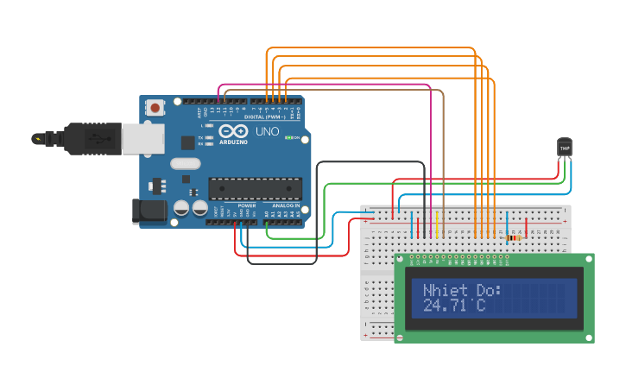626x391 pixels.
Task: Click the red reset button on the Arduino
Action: tap(155, 108)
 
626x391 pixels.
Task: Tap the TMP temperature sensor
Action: tap(565, 148)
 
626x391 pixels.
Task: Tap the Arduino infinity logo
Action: tap(233, 130)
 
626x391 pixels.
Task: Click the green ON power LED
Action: tap(289, 138)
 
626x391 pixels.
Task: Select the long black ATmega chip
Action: tap(256, 187)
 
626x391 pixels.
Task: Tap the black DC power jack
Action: tap(149, 211)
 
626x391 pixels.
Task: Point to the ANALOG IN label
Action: tap(286, 205)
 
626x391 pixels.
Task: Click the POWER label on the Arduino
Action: tap(246, 205)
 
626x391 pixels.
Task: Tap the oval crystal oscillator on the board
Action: tap(185, 163)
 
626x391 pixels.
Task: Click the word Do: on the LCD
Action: tap(488, 291)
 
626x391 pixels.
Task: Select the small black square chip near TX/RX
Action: tap(187, 143)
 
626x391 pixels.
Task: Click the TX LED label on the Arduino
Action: tap(201, 137)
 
